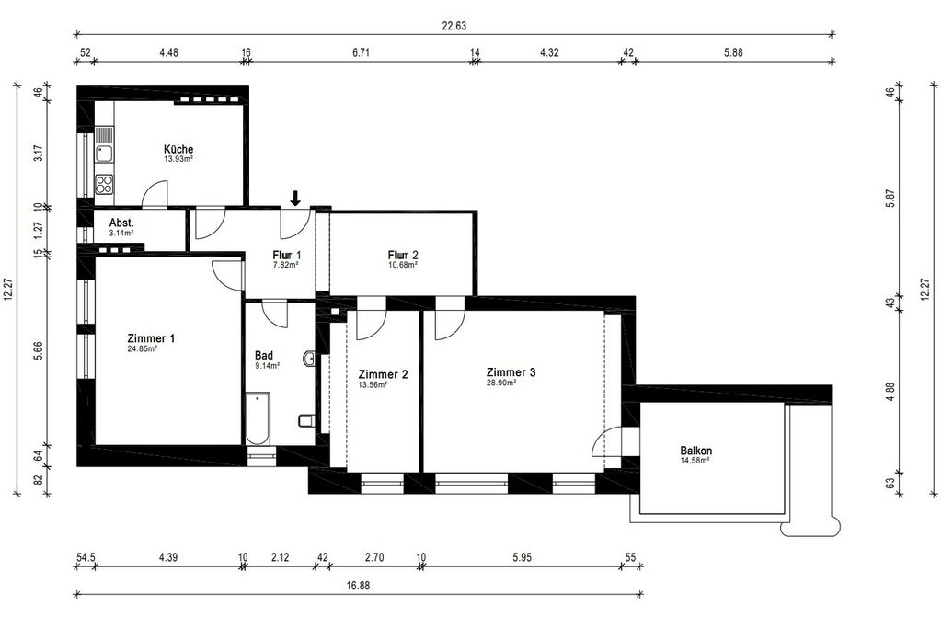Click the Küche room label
178,149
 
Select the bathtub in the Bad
258,418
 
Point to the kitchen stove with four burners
104,184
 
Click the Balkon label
696,451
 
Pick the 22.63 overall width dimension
454,26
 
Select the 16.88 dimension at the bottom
358,586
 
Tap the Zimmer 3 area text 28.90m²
501,383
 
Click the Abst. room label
121,223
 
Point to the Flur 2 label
403,255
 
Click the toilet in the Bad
306,420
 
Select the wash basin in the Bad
309,359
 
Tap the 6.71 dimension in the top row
361,52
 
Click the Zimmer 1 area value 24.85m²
143,348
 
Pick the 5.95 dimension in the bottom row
523,557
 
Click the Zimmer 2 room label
384,375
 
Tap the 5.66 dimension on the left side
39,350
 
